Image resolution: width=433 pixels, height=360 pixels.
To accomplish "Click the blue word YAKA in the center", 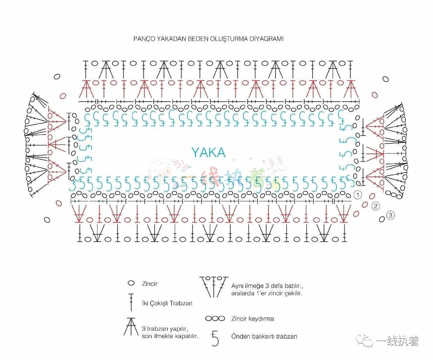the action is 208,153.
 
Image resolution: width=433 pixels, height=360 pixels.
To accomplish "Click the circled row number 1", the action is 358,195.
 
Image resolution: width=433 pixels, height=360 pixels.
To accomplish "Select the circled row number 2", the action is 375,206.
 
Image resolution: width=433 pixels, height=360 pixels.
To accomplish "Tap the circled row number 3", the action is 391,215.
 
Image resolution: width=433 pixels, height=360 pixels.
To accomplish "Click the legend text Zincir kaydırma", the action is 253,319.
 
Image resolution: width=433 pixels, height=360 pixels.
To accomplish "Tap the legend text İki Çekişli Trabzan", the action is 167,303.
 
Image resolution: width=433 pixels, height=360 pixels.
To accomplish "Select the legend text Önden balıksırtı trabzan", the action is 264,336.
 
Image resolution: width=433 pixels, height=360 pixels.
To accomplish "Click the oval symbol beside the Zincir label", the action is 131,283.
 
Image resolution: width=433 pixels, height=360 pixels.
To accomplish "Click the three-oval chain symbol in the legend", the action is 215,318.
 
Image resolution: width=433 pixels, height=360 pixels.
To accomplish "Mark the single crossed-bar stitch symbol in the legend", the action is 131,302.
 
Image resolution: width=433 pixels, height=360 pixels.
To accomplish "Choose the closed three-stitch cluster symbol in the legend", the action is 131,326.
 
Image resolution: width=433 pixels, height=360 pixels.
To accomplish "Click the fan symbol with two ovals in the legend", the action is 214,287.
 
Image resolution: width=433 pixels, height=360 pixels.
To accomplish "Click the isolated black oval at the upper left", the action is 57,77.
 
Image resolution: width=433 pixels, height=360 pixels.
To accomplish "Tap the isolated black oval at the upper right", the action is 386,79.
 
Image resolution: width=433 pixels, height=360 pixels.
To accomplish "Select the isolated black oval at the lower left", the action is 47,220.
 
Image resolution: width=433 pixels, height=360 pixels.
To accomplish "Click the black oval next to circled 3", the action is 382,219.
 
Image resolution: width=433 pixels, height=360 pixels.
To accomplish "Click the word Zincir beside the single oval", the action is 150,283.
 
